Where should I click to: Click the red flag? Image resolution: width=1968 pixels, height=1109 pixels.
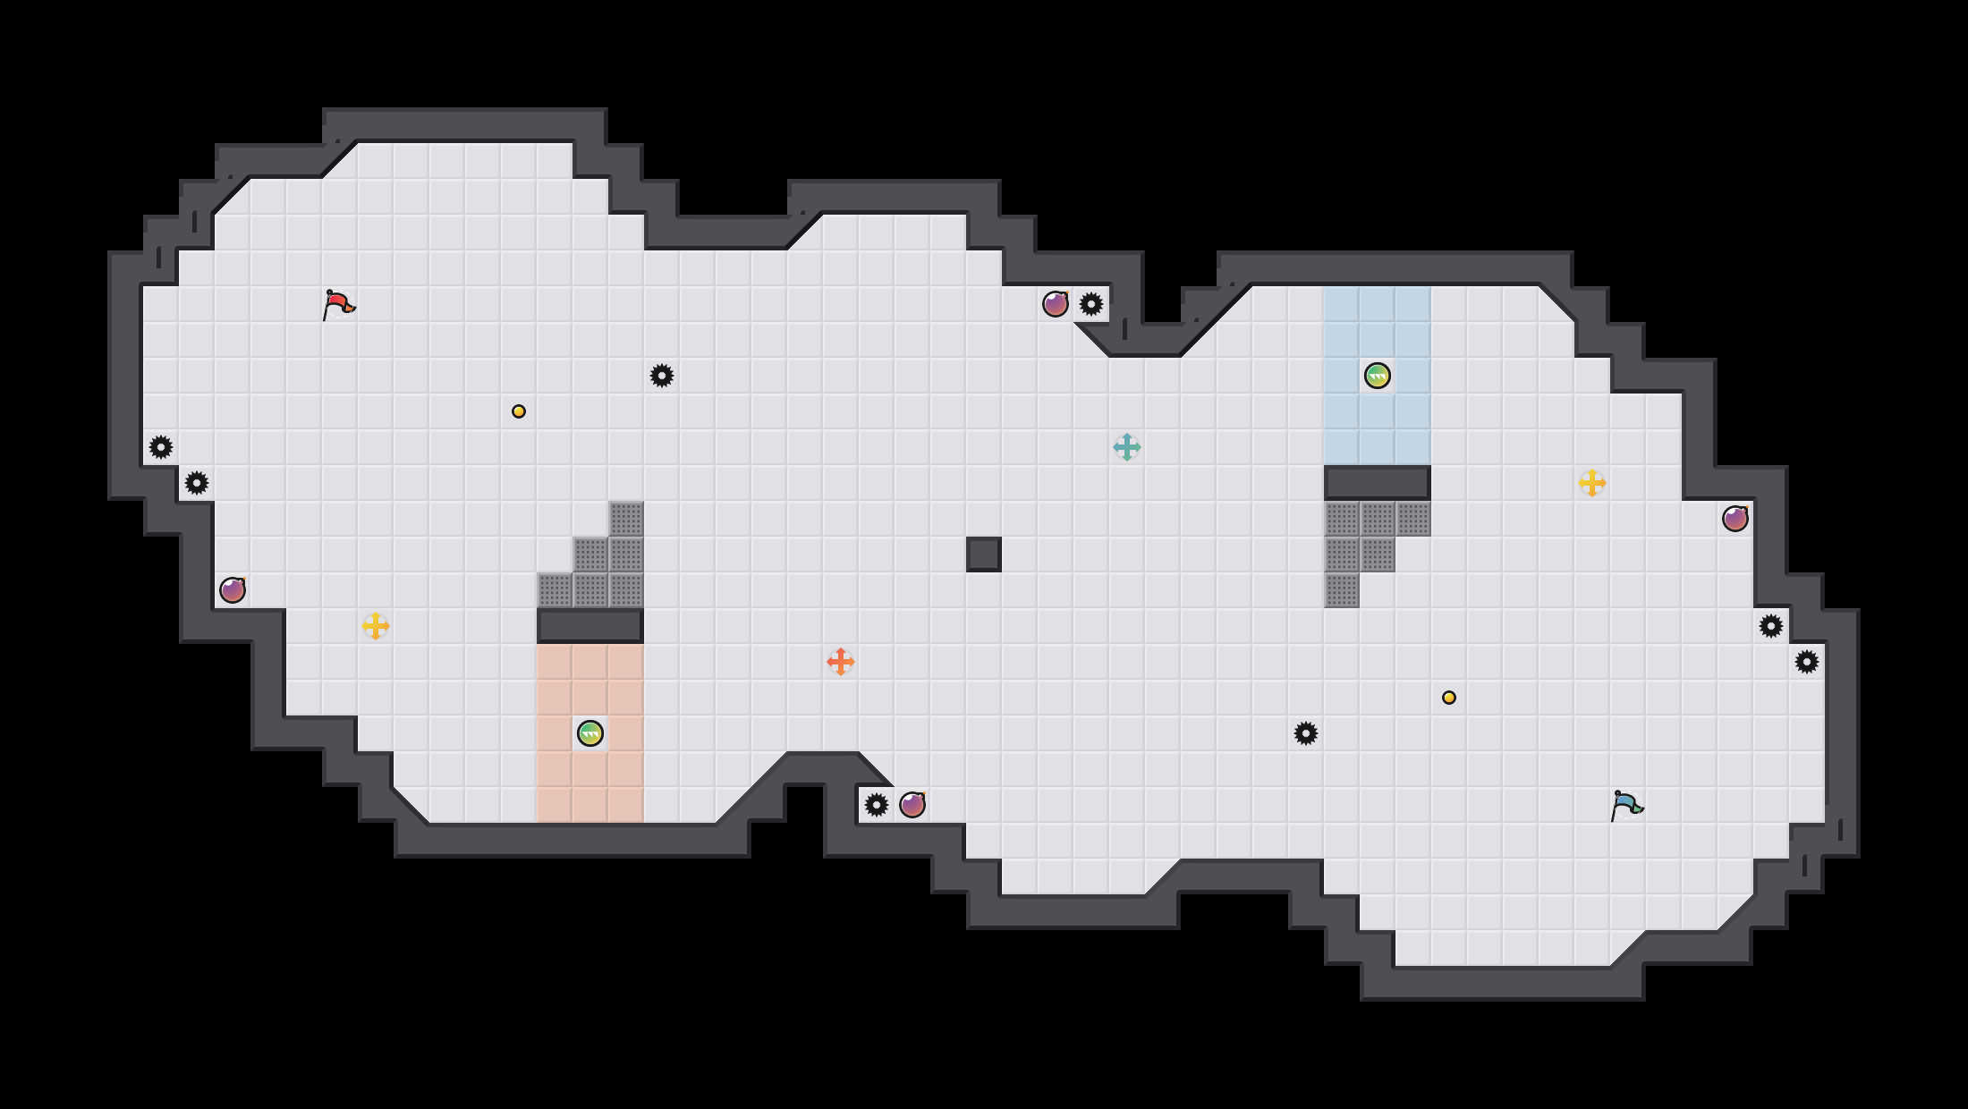338,305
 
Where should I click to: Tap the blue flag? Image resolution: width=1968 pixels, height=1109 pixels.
1626,806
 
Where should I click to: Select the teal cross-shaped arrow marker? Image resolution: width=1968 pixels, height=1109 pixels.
1127,447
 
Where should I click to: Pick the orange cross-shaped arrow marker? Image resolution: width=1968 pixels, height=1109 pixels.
841,662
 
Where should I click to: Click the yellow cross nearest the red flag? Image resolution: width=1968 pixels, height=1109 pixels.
376,626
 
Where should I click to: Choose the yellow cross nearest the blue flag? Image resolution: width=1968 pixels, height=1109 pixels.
1592,483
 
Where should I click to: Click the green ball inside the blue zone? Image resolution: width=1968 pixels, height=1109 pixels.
1378,376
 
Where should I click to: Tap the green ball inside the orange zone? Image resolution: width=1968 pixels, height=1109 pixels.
590,733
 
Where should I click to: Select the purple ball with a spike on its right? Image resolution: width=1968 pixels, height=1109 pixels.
1056,304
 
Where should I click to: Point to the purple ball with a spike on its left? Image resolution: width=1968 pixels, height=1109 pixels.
912,805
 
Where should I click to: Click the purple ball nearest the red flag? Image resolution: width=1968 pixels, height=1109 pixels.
233,590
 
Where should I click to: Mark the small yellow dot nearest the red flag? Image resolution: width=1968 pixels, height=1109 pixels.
519,411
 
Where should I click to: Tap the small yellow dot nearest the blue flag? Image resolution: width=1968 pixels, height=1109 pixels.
1449,698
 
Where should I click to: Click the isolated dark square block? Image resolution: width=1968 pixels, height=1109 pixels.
984,554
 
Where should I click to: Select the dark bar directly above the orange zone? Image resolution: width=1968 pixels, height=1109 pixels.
590,626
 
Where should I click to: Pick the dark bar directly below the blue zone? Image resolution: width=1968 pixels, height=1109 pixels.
1378,483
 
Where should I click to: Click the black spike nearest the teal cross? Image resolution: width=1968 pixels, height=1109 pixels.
1091,304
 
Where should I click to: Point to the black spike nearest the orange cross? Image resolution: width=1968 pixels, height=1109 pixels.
877,805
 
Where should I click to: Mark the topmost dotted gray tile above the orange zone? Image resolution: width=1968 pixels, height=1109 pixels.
626,519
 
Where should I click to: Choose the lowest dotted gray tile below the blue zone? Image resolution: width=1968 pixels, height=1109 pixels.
1342,590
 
